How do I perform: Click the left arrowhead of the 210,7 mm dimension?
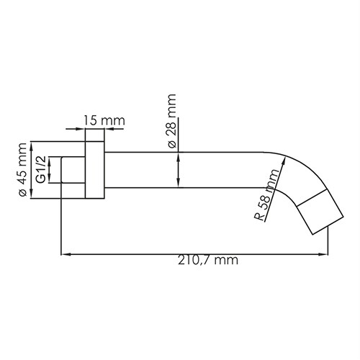coord(64,253)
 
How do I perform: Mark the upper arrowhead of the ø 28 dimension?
coord(179,156)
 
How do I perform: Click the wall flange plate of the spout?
coord(94,171)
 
